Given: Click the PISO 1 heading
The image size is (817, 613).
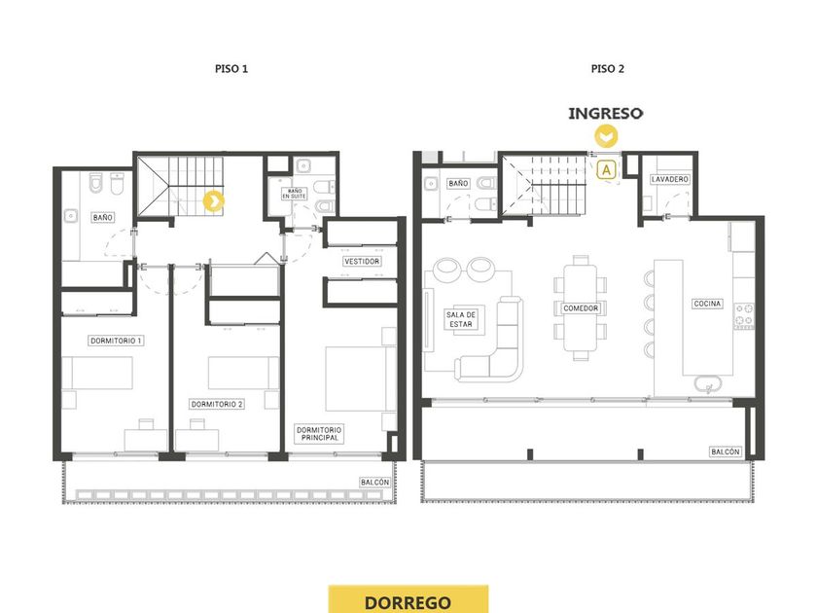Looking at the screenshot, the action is point(231,69).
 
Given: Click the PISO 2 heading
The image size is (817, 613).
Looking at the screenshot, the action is point(608,69).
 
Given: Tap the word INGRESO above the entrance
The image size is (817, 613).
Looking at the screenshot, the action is point(605,113).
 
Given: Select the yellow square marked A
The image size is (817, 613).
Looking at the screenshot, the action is point(606,170).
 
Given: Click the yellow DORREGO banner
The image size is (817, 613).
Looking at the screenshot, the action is point(408,599).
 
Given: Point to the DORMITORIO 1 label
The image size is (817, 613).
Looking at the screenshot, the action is point(116,341).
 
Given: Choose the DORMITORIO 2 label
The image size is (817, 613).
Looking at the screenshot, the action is point(217,404).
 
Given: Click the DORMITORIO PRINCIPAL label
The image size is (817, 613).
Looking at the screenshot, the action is point(319,434).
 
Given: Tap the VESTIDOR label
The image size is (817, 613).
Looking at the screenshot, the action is point(362,261).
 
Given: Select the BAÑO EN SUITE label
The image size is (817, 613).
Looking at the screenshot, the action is point(295,194).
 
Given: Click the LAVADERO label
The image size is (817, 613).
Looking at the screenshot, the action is point(670,179).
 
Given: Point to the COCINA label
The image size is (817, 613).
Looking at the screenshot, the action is point(708,304).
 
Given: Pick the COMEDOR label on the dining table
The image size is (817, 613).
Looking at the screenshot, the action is point(581,308).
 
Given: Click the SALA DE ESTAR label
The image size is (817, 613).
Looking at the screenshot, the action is point(461,319).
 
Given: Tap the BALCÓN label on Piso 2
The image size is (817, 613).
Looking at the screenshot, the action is point(726,451).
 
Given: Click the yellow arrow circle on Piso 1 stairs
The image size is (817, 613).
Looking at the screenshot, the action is point(214,201).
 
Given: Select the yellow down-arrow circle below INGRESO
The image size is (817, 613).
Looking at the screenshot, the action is point(606,137).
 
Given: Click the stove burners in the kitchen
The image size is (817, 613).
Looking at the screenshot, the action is point(744,316).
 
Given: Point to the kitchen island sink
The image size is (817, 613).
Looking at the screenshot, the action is point(709,384).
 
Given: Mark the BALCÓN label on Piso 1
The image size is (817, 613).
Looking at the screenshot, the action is point(375,483).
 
